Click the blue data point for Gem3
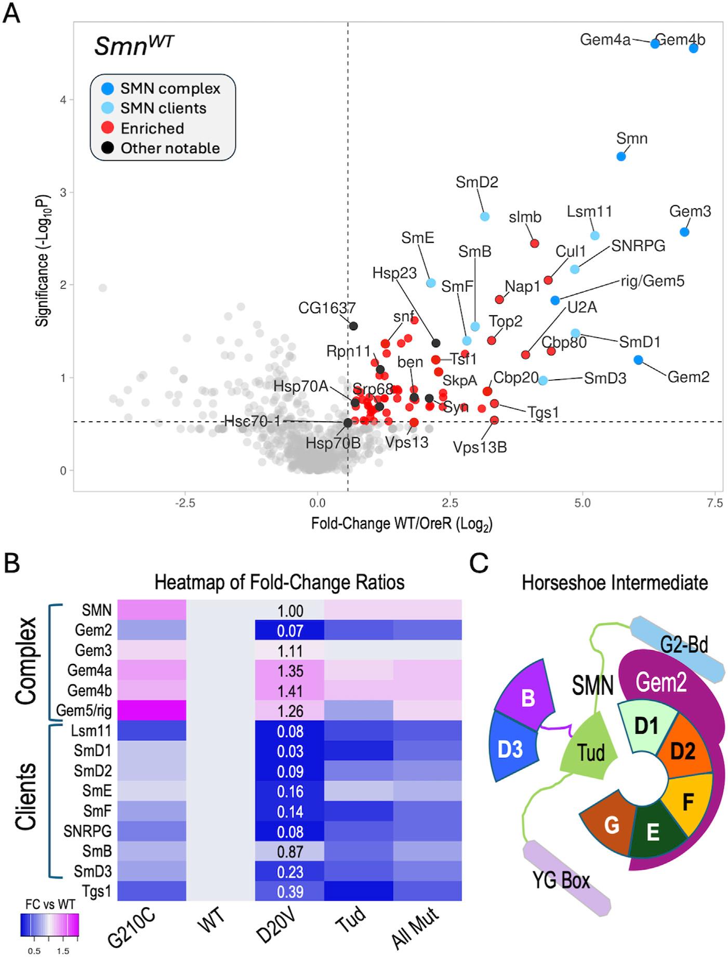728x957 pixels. (x=684, y=232)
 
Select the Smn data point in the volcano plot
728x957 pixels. (x=620, y=156)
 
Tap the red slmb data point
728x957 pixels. (x=534, y=243)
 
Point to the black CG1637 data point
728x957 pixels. (x=353, y=326)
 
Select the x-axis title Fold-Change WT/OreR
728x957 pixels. (x=402, y=523)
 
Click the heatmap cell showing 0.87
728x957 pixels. (x=289, y=852)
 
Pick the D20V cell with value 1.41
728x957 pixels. (x=289, y=691)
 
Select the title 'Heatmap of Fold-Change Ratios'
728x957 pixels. (x=280, y=582)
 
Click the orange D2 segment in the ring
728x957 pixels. (x=682, y=750)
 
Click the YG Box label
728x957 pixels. (x=562, y=881)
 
